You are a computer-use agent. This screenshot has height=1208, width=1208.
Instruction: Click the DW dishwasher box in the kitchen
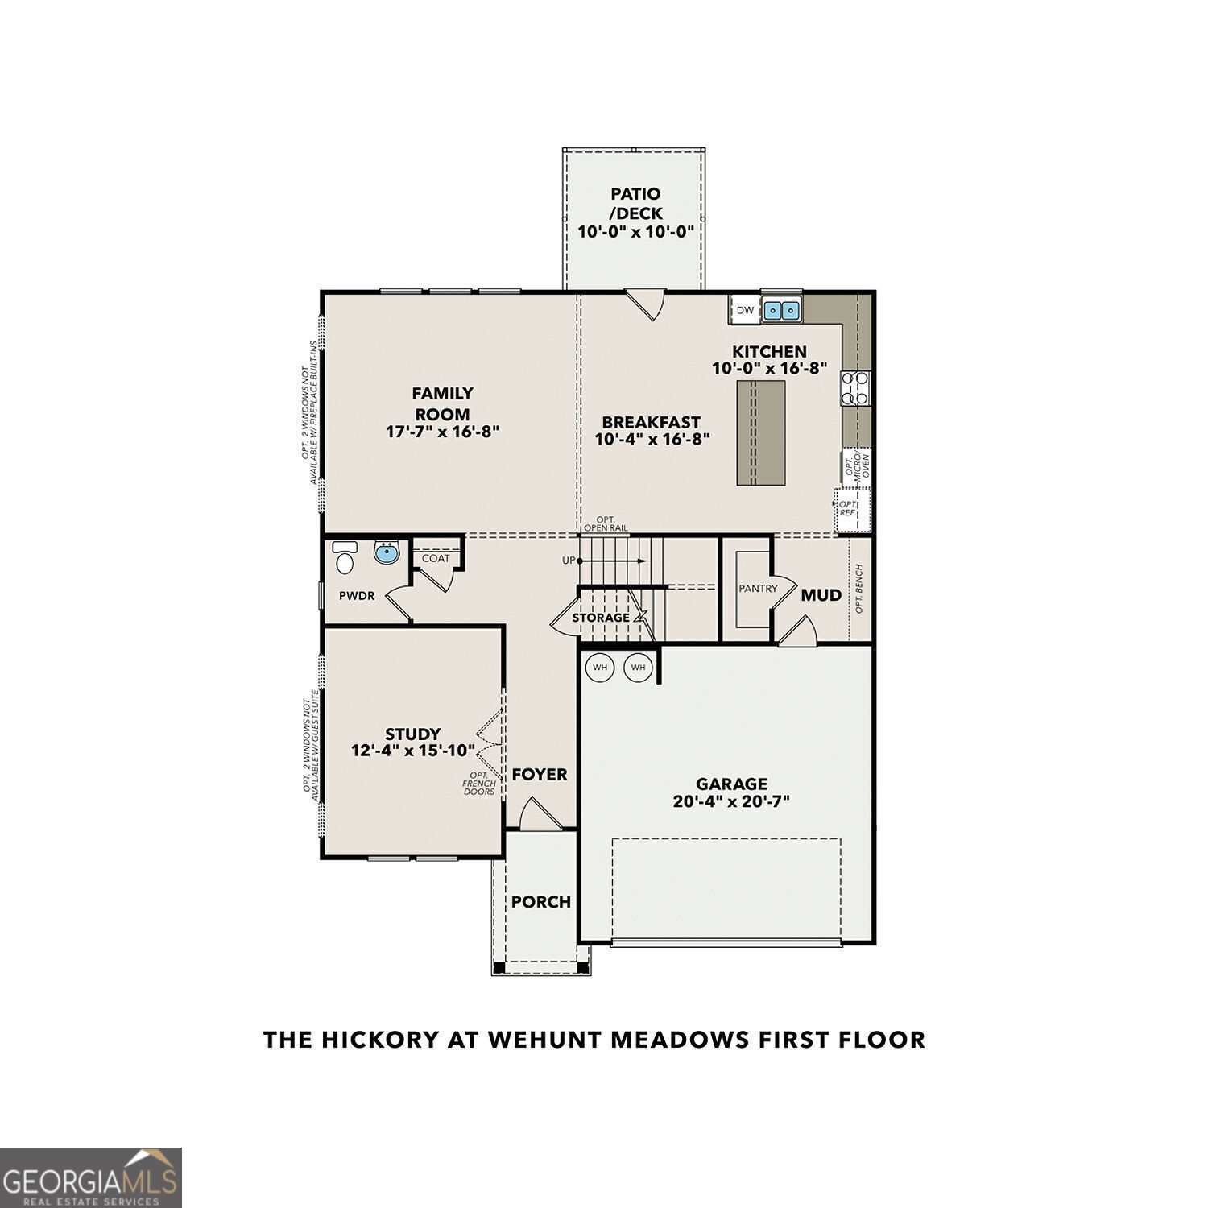point(745,310)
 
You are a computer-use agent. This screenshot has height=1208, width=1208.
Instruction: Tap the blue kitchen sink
point(781,309)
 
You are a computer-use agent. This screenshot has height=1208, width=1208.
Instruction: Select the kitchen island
point(760,432)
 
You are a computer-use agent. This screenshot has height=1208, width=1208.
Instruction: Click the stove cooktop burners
point(855,387)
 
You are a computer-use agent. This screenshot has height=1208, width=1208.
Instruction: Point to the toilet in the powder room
point(345,557)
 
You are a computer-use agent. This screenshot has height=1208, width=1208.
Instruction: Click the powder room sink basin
point(387,552)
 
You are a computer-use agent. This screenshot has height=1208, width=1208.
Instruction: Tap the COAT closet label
point(436,558)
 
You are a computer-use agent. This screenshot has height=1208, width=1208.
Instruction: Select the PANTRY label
point(758,589)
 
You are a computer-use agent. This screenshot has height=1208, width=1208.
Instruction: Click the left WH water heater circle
point(600,668)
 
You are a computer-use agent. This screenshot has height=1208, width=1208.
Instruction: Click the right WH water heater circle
point(639,668)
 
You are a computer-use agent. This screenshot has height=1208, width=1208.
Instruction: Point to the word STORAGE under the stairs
point(601,618)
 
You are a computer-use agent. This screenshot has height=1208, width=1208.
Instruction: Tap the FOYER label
point(540,775)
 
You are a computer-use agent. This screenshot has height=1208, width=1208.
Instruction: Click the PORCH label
point(541,902)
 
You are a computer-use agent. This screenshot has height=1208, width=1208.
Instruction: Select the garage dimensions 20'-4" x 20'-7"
point(731,801)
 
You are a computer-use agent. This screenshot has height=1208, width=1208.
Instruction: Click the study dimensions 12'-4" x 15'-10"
point(413,751)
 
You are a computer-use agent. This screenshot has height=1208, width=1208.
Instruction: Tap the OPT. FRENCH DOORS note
point(479,784)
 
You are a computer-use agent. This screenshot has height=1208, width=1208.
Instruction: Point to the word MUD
point(821,595)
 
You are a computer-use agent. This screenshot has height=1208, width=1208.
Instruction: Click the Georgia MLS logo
point(90,1177)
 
